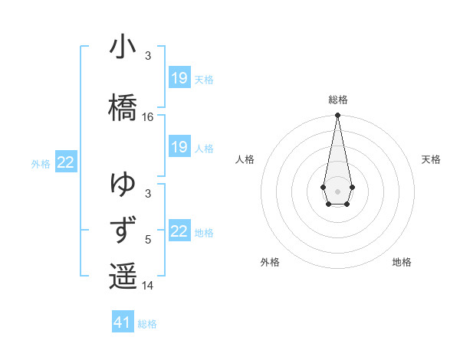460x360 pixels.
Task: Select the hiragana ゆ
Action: [x=123, y=185]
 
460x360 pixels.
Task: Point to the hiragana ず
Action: [x=123, y=231]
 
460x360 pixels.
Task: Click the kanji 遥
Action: [x=123, y=276]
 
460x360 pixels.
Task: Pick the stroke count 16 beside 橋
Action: [x=148, y=117]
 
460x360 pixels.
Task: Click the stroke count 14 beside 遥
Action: [x=148, y=286]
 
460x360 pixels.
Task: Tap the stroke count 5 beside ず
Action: [x=148, y=240]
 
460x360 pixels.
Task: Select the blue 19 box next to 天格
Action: [x=179, y=78]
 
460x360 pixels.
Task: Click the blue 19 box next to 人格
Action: [x=179, y=147]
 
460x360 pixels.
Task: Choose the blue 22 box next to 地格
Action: [x=179, y=231]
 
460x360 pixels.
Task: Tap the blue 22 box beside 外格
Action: [x=66, y=162]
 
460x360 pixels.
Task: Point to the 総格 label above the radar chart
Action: [x=338, y=100]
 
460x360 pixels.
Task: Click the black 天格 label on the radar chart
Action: [x=431, y=159]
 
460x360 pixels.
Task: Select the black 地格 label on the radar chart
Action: [x=402, y=262]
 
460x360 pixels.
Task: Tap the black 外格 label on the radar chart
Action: [x=270, y=262]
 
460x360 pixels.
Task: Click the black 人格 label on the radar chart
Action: [x=245, y=159]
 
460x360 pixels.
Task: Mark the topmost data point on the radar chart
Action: [x=337, y=115]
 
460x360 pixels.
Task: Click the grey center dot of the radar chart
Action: [x=337, y=190]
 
